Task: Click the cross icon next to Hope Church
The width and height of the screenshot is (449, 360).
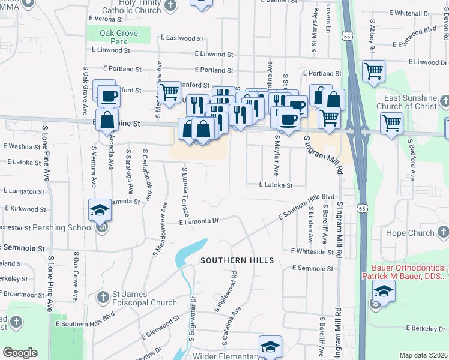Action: click(x=443, y=232)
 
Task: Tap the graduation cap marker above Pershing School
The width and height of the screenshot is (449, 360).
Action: click(x=100, y=209)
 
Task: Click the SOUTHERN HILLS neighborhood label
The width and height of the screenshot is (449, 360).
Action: click(x=237, y=260)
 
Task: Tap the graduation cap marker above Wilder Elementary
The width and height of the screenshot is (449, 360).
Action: click(x=270, y=347)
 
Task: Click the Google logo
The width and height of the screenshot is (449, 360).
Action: click(x=20, y=353)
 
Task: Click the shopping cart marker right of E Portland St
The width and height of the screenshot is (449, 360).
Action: click(x=373, y=72)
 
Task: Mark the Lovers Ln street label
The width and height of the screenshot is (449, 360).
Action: click(x=328, y=21)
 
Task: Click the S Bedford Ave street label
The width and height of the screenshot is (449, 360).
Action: click(x=412, y=160)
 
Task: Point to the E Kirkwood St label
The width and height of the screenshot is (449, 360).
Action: click(x=23, y=208)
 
